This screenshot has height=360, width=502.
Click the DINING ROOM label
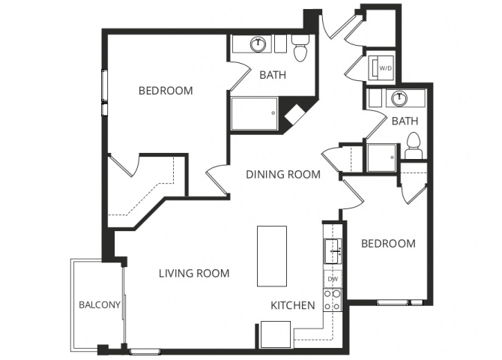[283, 175]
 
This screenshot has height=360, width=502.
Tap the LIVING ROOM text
[194, 273]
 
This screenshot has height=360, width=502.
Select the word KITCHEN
[292, 305]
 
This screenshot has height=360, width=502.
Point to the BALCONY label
[99, 304]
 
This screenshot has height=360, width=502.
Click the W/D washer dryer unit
[385, 67]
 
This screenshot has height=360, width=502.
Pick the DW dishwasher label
[333, 279]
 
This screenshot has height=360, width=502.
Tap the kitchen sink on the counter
[333, 248]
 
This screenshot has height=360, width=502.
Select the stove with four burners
[333, 300]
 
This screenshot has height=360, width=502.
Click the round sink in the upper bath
[259, 43]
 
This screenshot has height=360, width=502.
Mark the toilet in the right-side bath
[413, 145]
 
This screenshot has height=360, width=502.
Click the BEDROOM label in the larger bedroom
[166, 91]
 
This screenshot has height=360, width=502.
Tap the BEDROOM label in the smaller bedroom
[388, 244]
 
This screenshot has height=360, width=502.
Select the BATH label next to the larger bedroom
[272, 75]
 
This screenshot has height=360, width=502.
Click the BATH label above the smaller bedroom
[405, 121]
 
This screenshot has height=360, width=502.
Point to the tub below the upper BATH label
[254, 115]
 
